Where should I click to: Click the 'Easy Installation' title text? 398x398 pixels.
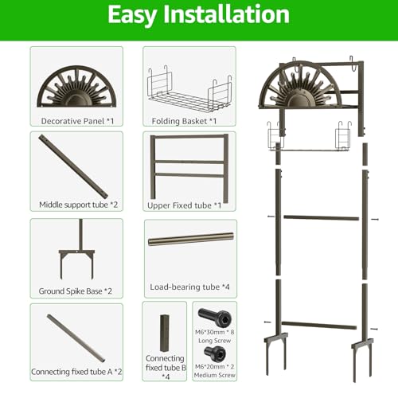198,15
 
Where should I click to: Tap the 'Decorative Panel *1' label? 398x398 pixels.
77,121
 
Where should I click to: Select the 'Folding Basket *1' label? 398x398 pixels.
184,121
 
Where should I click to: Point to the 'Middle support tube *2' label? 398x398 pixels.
78,205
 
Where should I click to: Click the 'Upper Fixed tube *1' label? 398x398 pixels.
184,205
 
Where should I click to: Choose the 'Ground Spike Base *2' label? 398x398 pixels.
76,291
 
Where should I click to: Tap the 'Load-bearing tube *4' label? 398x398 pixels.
189,287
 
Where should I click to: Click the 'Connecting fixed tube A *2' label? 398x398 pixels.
76,372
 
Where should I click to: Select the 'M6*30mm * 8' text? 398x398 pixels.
214,332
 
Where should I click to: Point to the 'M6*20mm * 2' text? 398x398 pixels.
214,366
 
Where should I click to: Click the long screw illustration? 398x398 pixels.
215,318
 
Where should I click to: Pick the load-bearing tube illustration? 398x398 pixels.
191,239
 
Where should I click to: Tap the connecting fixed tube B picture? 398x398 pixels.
165,333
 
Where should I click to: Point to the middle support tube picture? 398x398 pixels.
73,166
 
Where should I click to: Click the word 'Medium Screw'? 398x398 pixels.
214,375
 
